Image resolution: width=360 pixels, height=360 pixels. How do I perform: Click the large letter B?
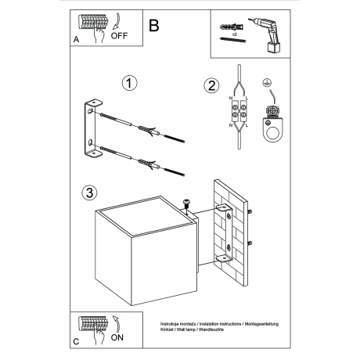(x=153, y=25)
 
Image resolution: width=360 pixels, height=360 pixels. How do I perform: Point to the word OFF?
(x=119, y=36)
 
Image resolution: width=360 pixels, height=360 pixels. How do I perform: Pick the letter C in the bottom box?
(x=75, y=342)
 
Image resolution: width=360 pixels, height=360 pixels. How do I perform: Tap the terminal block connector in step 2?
(x=238, y=110)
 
